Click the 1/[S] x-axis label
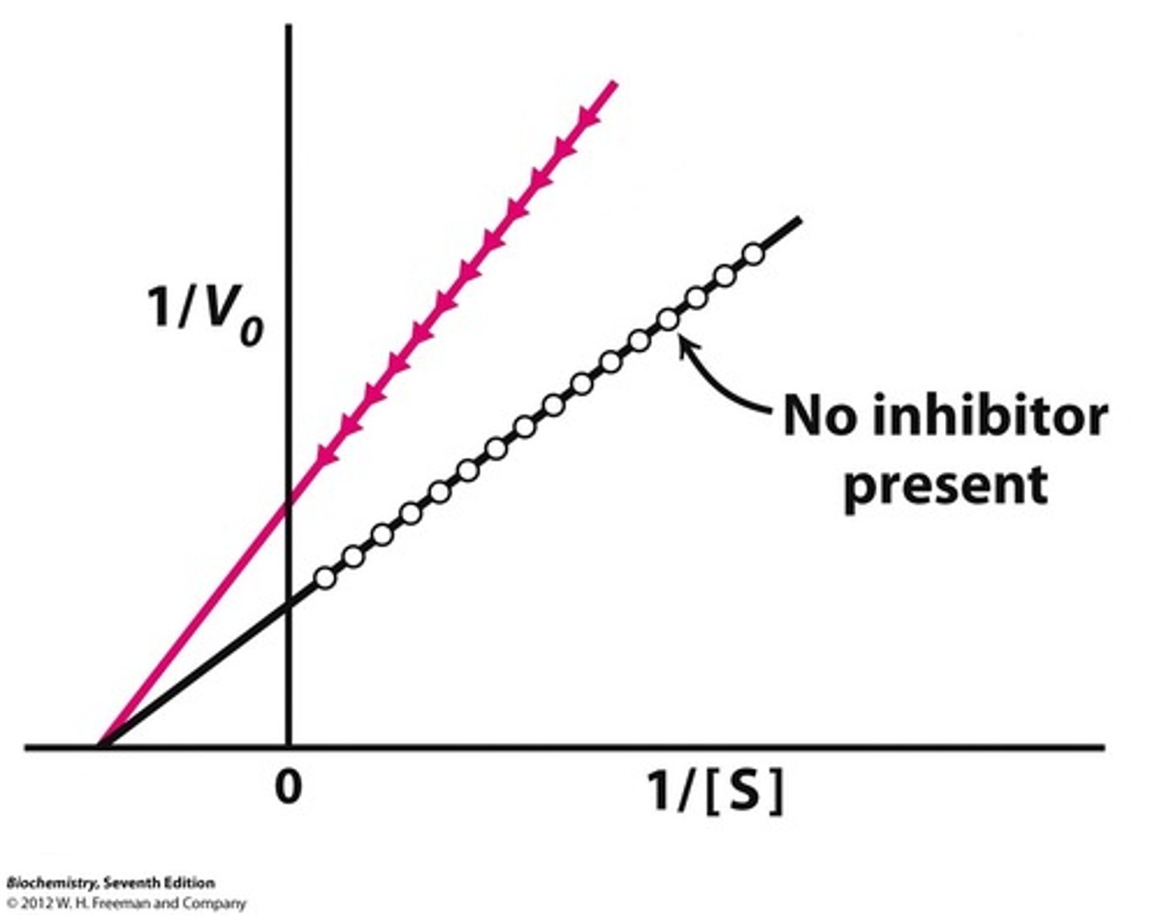coord(714,791)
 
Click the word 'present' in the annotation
coord(947,484)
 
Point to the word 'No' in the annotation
coord(817,416)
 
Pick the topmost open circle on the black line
coord(753,254)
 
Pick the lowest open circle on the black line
coord(324,578)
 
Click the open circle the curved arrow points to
coord(668,319)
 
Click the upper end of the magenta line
coord(614,83)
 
